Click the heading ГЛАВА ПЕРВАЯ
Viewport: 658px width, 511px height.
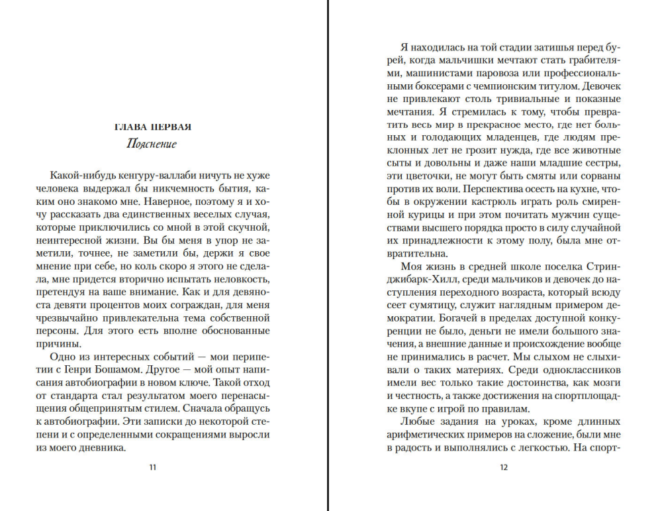153,127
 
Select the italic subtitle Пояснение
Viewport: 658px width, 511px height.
152,144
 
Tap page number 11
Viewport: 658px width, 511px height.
153,467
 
